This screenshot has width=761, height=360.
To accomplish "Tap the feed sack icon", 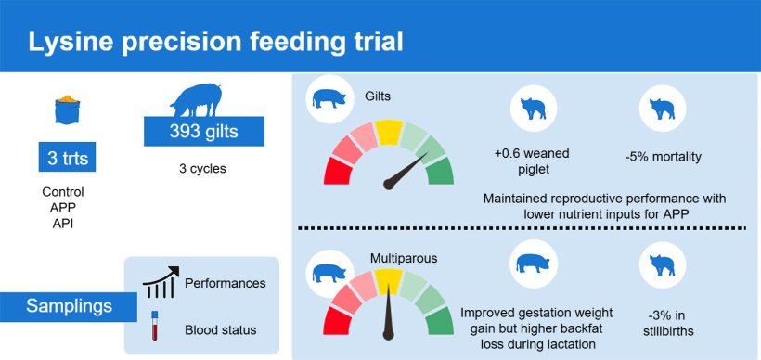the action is [67, 109].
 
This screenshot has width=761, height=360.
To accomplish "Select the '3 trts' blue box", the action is [67, 158].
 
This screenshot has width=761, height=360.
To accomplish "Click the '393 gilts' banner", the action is [204, 132].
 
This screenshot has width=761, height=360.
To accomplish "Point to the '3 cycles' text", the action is [203, 169].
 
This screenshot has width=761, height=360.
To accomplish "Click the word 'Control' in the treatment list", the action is [63, 192].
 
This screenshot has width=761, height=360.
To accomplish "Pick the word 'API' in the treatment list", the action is [62, 224].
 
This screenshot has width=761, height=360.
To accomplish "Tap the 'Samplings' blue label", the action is [69, 306].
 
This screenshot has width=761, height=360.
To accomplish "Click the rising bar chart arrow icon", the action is [161, 282].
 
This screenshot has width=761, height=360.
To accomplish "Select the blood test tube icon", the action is [155, 325].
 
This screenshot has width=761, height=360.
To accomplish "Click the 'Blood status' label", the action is [220, 330].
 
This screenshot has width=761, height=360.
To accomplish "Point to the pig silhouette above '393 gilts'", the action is [196, 100].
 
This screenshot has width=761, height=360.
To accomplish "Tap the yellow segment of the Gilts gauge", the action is [389, 133].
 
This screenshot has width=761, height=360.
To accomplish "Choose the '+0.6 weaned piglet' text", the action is [532, 161].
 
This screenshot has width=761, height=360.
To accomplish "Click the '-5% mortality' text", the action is [663, 158].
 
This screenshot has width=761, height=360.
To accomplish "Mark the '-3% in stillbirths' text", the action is [663, 323].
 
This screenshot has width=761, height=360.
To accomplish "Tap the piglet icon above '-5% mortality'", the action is [663, 109].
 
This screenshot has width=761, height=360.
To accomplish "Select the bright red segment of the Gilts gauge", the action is [338, 171].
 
